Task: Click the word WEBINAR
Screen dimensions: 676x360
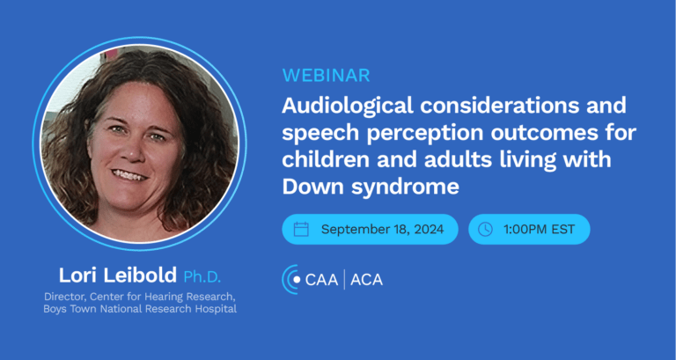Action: click(x=327, y=76)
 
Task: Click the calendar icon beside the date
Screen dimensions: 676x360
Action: click(x=301, y=229)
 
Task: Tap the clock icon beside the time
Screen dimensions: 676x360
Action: click(x=486, y=229)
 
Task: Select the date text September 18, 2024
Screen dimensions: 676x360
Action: click(x=382, y=230)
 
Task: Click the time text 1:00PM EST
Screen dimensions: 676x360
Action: click(x=539, y=230)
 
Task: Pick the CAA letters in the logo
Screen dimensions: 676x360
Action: click(x=321, y=280)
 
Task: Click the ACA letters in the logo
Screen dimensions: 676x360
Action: click(x=366, y=280)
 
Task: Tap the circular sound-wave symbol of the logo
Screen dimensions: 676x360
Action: click(x=290, y=279)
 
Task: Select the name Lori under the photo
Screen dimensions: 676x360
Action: click(x=79, y=276)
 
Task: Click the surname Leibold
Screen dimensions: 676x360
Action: click(x=141, y=276)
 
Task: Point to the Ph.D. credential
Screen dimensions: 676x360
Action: click(x=202, y=276)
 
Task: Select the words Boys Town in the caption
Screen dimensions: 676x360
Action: click(x=70, y=309)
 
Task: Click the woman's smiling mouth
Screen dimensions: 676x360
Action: click(x=129, y=175)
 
